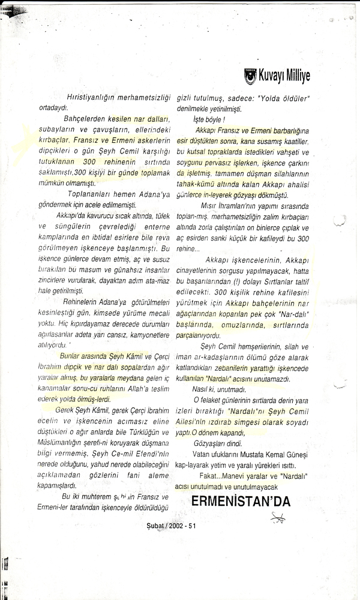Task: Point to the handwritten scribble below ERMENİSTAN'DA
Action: [278, 500]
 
